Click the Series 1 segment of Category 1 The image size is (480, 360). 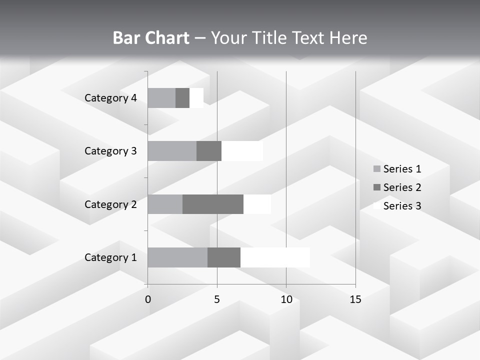[x=177, y=257]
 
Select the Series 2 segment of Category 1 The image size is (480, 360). [x=224, y=257]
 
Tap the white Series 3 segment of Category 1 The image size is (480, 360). [x=275, y=257]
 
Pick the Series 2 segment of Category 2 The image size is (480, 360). [x=213, y=204]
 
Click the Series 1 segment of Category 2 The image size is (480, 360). [x=165, y=204]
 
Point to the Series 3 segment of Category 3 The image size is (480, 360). [x=242, y=151]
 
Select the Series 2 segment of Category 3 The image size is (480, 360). [x=209, y=151]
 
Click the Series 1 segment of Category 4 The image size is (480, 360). [x=161, y=98]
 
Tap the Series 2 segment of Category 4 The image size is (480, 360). [x=182, y=98]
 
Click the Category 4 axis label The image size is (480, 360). [x=110, y=98]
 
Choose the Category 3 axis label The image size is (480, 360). [x=110, y=151]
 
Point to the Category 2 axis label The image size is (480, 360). [x=110, y=204]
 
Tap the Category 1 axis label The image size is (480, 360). [x=110, y=257]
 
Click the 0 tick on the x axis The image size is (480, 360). [x=148, y=299]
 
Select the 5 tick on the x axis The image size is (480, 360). [x=217, y=299]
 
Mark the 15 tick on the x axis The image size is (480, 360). [x=355, y=299]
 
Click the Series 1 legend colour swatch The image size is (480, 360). [x=376, y=169]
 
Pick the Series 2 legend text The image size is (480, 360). [x=402, y=187]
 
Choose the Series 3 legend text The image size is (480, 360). [x=402, y=206]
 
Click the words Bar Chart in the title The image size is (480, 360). [x=150, y=38]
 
